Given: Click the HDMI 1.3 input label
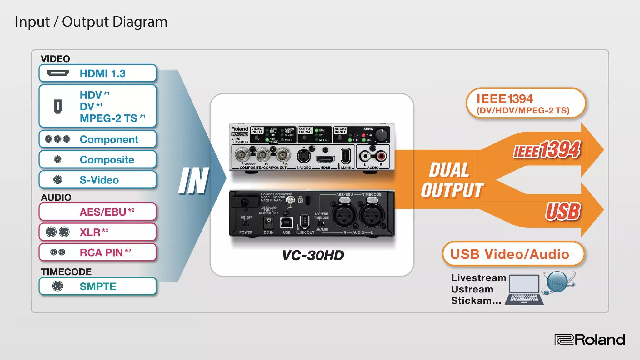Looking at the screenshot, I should point(102,74).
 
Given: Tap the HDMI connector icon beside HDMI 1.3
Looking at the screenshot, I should point(57,73).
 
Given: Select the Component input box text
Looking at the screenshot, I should point(109,139).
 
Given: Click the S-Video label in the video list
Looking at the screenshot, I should point(99,180).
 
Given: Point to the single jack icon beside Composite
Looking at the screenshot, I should point(58,159).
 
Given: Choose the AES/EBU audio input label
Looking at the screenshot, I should point(103,212).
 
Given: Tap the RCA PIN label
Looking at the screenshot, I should point(101,252).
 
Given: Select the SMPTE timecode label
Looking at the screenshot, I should point(98,286).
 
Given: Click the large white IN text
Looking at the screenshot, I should point(194,181).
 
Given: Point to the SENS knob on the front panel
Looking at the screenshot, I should point(381,135).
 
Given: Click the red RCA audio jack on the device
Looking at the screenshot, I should point(382,156).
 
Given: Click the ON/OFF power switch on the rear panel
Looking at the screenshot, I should point(246,223).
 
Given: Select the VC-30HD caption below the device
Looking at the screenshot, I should point(313,255).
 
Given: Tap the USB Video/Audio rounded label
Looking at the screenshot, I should point(510,254).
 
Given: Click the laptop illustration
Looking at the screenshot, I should point(524,290).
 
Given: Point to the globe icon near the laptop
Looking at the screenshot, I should point(558,282).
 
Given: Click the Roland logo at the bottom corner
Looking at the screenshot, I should point(590,340).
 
